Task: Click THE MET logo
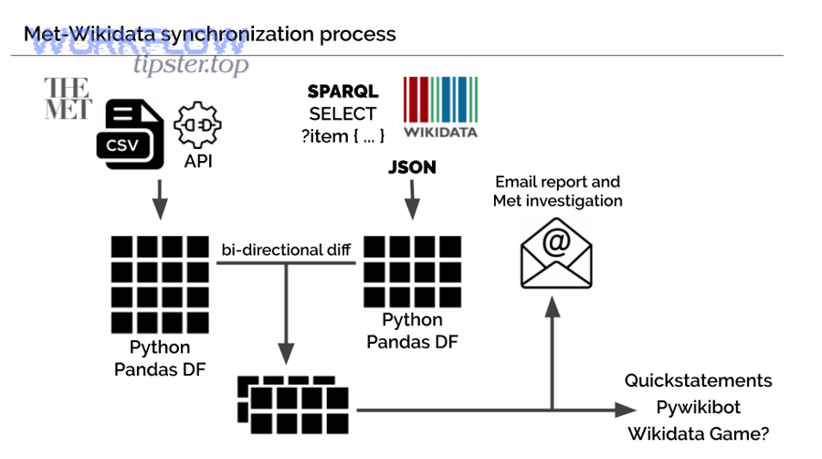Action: coord(68,99)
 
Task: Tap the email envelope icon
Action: coord(555,253)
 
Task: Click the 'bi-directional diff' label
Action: coord(285,250)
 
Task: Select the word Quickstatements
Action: coord(699,380)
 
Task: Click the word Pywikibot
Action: coord(699,407)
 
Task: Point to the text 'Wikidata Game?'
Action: coord(699,434)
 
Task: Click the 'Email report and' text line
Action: coord(557,182)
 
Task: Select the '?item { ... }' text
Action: coord(342,135)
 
